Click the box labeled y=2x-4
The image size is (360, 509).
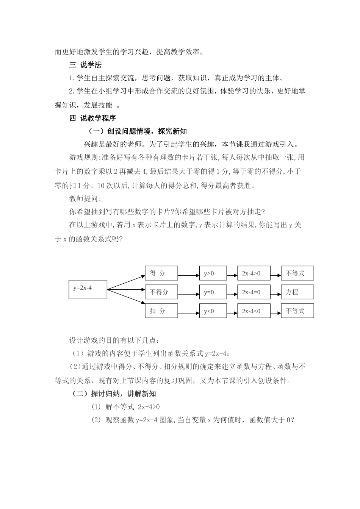pos(88,289)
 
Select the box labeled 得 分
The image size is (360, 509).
pos(161,273)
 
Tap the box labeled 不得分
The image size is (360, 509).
pos(161,292)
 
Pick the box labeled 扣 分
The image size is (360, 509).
pos(161,311)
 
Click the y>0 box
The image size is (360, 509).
pos(213,273)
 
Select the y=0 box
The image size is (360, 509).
pos(213,292)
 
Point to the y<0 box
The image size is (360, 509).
pos(213,311)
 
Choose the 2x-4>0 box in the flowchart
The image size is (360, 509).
pos(254,273)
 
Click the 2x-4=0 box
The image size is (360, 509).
pos(254,292)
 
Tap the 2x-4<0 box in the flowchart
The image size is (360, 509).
pos(254,311)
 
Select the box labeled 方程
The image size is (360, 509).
pos(297,292)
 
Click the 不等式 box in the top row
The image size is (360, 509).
pos(297,273)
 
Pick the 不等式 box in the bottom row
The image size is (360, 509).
pos(297,311)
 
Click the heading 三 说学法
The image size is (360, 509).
pos(86,65)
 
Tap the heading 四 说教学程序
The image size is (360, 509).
pos(93,118)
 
